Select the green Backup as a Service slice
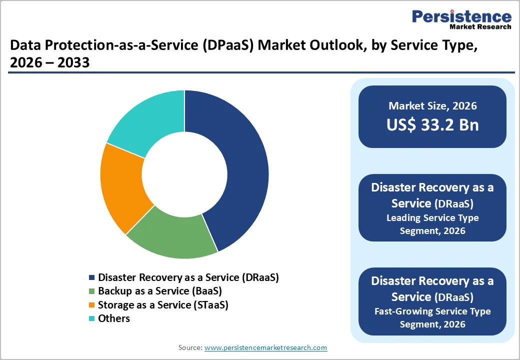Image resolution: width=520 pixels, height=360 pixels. click(170, 235)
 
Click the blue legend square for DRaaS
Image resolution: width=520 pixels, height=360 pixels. click(91, 277)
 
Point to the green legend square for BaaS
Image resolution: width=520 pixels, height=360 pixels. click(91, 291)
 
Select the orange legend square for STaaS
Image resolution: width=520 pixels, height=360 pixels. click(91, 305)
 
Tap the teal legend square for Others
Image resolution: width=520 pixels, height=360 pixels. click(91, 318)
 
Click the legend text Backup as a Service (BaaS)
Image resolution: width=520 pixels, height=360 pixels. click(159, 291)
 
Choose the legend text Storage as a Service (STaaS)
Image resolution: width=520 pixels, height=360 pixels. click(163, 305)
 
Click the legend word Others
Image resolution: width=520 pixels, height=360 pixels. click(114, 318)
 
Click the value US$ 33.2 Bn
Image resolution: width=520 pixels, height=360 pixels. click(432, 125)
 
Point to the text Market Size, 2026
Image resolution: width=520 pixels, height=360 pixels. click(432, 106)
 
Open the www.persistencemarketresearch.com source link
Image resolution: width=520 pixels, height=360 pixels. click(266, 347)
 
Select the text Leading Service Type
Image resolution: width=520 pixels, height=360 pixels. click(432, 218)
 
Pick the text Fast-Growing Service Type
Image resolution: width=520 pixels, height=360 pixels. click(432, 311)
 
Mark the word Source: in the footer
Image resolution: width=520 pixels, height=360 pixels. click(190, 347)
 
